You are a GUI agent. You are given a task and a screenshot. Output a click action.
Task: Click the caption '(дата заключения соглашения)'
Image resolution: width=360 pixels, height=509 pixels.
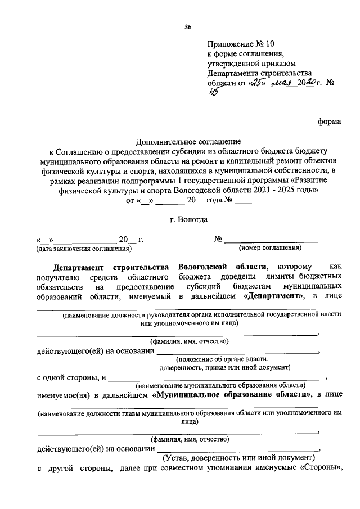83,248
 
